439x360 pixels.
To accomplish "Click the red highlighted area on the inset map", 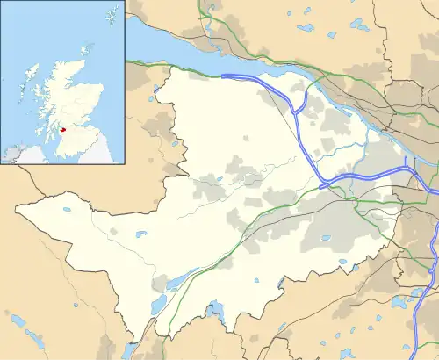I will click(63, 129).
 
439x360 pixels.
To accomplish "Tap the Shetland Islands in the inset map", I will click(112, 15).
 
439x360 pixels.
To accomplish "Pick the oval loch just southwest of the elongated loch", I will click(158, 304).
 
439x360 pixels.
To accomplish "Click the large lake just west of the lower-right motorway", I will click(405, 303).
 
